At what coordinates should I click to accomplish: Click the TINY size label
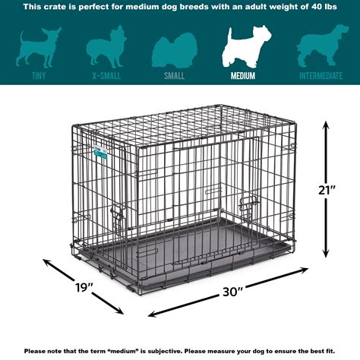38,76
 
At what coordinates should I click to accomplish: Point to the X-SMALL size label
106,76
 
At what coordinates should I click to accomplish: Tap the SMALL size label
175,76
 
